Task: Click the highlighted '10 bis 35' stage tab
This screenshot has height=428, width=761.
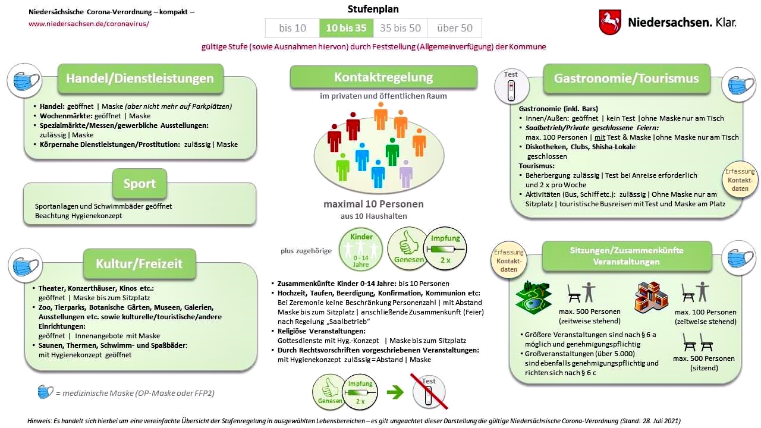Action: tap(346, 28)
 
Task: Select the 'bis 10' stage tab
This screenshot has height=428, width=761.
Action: tap(292, 28)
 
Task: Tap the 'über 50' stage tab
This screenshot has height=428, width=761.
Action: tap(454, 28)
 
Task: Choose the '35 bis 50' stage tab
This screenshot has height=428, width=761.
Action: tap(400, 28)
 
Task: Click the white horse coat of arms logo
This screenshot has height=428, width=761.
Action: tap(610, 22)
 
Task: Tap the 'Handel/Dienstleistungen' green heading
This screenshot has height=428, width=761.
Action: tap(140, 78)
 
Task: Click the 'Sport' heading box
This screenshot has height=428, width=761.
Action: tap(140, 184)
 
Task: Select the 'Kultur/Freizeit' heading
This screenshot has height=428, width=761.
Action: tap(139, 263)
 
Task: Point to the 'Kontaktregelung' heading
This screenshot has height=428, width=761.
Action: tap(383, 77)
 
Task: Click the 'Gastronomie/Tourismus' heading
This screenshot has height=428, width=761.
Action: tap(626, 78)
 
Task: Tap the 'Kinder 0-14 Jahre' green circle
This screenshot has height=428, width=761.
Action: tap(361, 248)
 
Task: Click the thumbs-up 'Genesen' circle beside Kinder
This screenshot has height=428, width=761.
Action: tap(408, 248)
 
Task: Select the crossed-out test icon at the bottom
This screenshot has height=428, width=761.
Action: tap(429, 392)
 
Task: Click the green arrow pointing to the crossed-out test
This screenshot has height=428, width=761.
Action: tap(395, 392)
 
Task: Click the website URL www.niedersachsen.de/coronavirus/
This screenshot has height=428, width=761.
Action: tap(89, 24)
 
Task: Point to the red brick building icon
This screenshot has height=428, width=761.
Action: tap(652, 297)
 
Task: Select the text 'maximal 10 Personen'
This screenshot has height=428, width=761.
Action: tap(373, 204)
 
